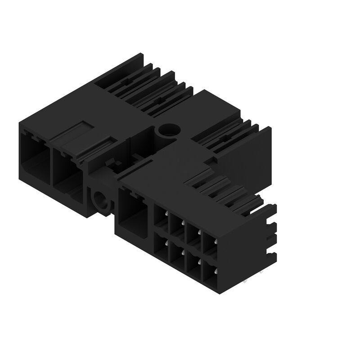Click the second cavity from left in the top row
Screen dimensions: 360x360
pos(177,227)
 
